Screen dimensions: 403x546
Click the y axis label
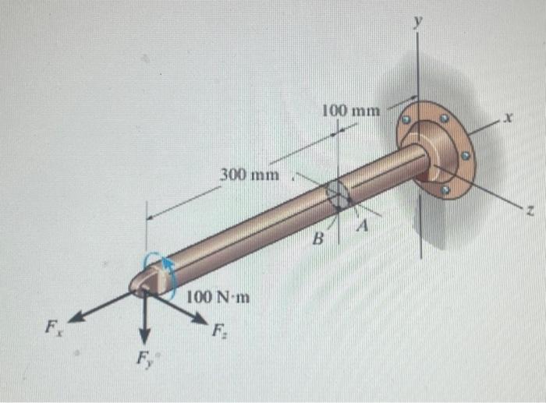(419, 24)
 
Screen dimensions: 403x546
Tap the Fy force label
(144, 360)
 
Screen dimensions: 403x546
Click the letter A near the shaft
(362, 226)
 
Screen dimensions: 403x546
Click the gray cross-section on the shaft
(337, 196)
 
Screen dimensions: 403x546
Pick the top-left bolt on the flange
(406, 120)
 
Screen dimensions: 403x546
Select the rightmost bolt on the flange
(465, 156)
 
